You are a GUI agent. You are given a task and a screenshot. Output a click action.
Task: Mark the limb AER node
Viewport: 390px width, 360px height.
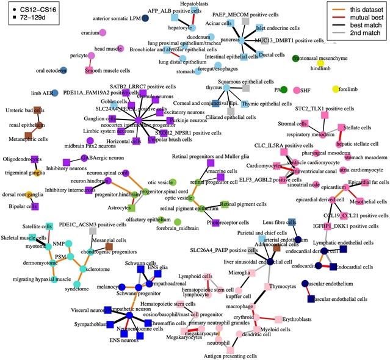[x=55, y=93]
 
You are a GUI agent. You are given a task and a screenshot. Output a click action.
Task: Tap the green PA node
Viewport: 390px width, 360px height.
[x=283, y=90]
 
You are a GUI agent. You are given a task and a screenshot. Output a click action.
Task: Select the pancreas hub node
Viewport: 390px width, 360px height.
[x=242, y=41]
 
